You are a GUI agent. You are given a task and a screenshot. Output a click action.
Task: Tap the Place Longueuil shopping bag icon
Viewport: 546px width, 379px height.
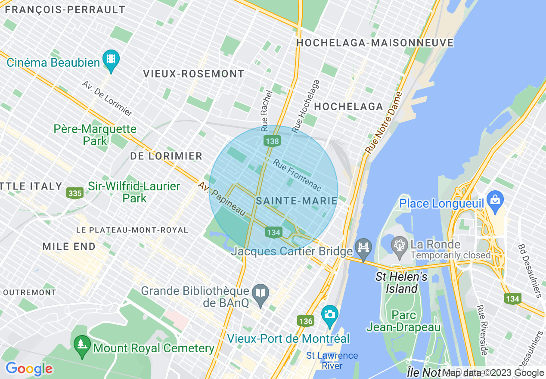pyautogui.click(x=495, y=201)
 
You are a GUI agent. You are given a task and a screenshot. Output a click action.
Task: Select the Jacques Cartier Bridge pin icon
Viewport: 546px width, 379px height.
pyautogui.click(x=363, y=249)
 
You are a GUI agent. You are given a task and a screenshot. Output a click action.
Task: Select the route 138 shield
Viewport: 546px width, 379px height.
pyautogui.click(x=273, y=141)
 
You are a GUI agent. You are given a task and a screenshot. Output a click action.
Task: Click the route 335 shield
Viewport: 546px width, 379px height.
pyautogui.click(x=75, y=193)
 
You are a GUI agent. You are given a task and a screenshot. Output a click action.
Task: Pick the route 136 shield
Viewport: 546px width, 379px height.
pyautogui.click(x=305, y=321)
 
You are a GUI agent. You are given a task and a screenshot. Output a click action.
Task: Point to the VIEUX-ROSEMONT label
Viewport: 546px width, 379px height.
pyautogui.click(x=193, y=74)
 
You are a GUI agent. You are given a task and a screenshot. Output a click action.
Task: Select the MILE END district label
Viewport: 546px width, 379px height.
pyautogui.click(x=69, y=246)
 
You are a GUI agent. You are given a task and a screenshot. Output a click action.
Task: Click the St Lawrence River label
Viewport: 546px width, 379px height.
pyautogui.click(x=332, y=360)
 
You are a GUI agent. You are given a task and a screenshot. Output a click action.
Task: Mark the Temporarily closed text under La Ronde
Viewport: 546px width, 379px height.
pyautogui.click(x=450, y=255)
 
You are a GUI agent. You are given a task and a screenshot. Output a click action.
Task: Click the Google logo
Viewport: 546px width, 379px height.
pyautogui.click(x=29, y=369)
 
